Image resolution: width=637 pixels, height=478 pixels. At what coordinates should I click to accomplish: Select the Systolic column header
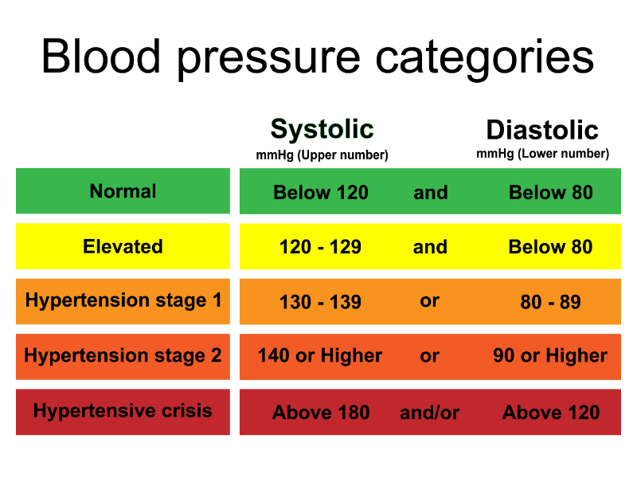click(322, 129)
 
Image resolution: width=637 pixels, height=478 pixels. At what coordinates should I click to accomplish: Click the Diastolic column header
click(542, 130)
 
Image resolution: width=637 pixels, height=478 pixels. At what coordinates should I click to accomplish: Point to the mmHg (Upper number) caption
click(322, 155)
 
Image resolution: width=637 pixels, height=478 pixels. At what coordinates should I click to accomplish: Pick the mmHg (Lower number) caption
click(542, 154)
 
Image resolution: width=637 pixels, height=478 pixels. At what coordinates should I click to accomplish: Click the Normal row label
click(123, 191)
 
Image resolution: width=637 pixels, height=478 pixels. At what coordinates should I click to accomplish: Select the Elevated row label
click(123, 246)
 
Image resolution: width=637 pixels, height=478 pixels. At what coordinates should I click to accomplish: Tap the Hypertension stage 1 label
click(123, 300)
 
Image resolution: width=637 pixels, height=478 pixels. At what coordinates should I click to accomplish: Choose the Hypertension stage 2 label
click(123, 355)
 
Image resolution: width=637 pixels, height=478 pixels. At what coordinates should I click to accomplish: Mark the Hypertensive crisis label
click(123, 411)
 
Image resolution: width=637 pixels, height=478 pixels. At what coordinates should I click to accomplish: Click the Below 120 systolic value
click(321, 192)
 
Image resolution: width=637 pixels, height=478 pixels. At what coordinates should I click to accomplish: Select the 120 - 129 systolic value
click(320, 247)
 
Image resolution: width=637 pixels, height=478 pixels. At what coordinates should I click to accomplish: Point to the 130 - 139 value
click(320, 302)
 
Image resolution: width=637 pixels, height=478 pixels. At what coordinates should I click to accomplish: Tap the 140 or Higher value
click(320, 356)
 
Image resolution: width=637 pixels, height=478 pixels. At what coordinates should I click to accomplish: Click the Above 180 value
click(321, 413)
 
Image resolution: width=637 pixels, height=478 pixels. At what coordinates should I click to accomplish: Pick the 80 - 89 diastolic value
click(551, 302)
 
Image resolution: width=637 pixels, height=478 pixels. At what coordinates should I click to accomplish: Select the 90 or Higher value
click(550, 356)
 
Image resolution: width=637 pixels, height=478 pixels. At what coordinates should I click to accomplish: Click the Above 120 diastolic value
click(551, 413)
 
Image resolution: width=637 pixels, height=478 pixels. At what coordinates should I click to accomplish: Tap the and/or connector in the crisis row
click(430, 413)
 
